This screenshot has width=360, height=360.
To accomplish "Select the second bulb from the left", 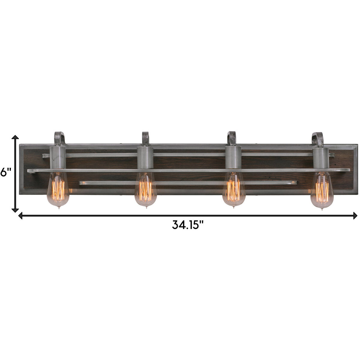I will click(146, 190).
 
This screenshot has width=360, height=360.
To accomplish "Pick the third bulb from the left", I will click(234, 190).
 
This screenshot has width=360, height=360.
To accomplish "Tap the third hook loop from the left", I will click(232, 138).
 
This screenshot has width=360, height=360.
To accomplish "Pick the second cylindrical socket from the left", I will click(145, 157).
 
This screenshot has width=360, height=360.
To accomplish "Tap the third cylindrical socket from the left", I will click(233, 157).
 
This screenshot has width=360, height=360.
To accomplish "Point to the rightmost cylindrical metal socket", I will click(321, 157).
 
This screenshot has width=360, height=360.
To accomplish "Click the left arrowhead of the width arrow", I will click(21, 215).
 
